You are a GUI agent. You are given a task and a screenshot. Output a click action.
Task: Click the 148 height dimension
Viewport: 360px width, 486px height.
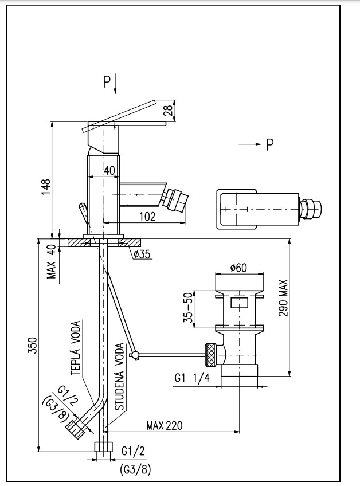point(46,187)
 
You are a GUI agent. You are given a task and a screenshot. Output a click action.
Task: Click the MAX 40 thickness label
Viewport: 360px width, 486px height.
point(52,261)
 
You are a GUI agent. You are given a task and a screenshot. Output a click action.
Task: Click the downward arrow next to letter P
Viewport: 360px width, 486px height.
point(115,84)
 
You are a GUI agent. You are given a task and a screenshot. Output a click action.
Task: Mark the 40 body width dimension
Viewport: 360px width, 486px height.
point(110,170)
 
